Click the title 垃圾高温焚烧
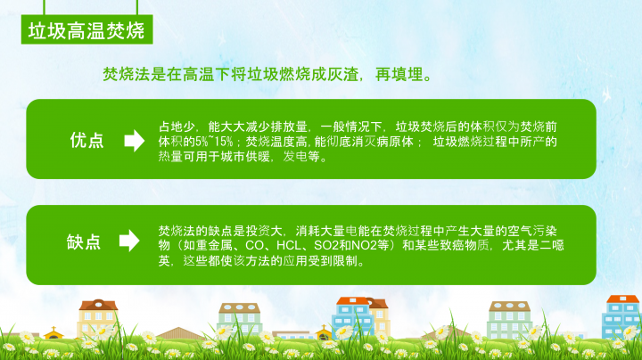coord(86,30)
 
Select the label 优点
coord(86,140)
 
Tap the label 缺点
coord(84,241)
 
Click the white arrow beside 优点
coord(135,141)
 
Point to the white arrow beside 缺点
coord(129,241)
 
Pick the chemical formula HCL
coord(289,245)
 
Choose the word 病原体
coord(395,142)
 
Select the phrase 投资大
coord(264,231)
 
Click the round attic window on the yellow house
coord(98,305)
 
